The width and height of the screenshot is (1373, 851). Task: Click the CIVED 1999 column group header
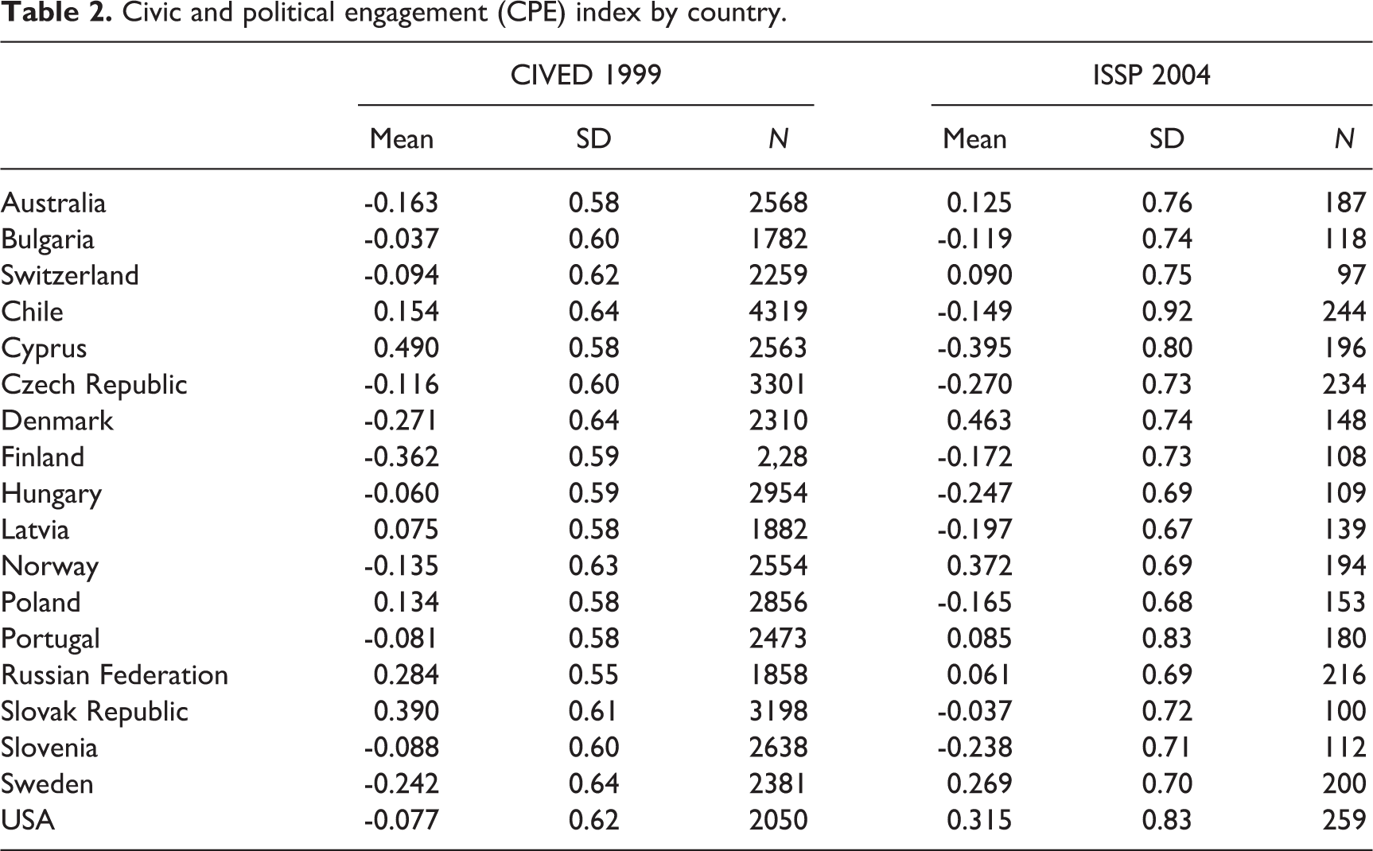tap(585, 75)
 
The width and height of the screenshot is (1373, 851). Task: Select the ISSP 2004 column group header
tap(1151, 75)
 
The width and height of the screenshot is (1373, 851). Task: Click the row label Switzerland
tap(70, 275)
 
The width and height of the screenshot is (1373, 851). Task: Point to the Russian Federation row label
tap(115, 674)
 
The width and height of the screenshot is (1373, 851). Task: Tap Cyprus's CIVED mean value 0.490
tap(406, 348)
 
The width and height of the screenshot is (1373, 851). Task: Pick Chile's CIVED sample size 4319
tap(778, 311)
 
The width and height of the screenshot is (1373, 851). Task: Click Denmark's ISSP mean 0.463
tap(979, 420)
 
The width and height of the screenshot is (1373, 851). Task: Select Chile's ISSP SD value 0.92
tap(1167, 311)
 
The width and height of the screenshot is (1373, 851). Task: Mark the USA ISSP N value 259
tap(1344, 819)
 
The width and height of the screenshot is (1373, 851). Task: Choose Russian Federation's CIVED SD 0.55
tap(593, 674)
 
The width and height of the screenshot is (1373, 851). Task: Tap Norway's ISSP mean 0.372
tap(979, 565)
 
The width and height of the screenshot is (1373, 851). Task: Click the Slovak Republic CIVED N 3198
tap(778, 711)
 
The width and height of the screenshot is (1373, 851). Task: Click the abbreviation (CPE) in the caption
tap(519, 15)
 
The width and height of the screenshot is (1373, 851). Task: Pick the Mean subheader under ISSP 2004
tap(974, 139)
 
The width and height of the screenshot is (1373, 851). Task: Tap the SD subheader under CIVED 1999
tap(593, 139)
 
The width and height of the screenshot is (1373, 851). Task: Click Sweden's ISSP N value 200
tap(1344, 783)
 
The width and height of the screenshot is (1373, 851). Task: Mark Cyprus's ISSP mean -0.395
tap(974, 348)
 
